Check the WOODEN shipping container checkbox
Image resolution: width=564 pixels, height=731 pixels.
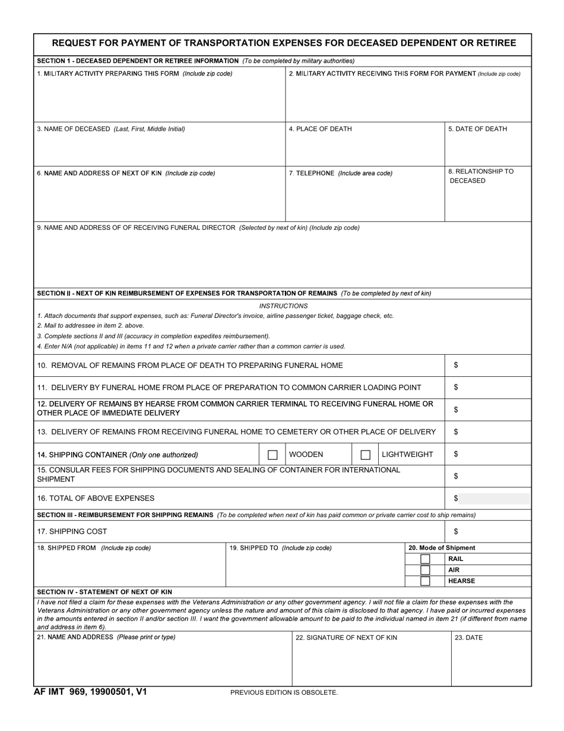[x=273, y=455]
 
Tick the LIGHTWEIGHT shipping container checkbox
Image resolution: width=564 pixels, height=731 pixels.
[x=366, y=455]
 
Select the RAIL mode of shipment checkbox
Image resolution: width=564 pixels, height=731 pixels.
[x=425, y=559]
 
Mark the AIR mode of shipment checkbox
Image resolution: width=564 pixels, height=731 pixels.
[x=425, y=570]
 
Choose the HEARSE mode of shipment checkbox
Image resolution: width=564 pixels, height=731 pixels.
[x=425, y=581]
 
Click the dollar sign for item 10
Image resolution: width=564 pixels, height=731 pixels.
[x=456, y=366]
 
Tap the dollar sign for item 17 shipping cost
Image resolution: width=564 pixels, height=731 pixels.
[x=456, y=532]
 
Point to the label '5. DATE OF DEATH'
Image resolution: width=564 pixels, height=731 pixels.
[x=477, y=129]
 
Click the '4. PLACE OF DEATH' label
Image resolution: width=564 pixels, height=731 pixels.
[x=320, y=129]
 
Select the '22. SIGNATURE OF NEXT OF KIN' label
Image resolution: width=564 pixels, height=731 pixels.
[x=346, y=638]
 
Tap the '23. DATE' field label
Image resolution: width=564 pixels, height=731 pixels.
[x=468, y=638]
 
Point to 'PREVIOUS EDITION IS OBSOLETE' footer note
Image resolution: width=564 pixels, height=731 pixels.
[x=284, y=692]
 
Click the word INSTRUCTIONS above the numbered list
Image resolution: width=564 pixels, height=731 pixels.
[x=283, y=306]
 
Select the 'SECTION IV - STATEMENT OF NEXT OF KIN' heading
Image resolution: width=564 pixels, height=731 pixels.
[x=104, y=592]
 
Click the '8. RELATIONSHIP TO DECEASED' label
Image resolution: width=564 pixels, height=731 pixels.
[x=480, y=176]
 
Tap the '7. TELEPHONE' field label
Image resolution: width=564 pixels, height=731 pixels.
[x=340, y=174]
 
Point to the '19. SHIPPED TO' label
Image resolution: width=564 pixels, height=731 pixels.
[x=280, y=548]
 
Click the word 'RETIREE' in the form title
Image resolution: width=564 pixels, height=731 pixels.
[x=495, y=43]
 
